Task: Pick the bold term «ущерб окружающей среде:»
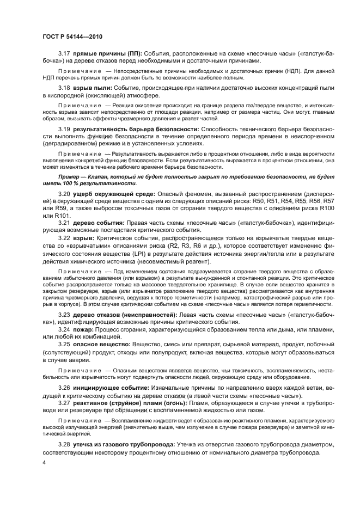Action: click(x=115, y=194)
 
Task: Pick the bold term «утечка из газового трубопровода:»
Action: click(x=130, y=445)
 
